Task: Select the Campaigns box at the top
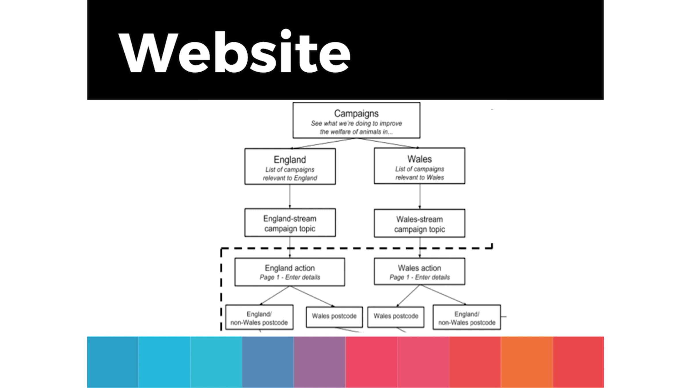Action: click(x=356, y=120)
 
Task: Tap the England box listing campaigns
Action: click(x=290, y=166)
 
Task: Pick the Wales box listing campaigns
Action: click(x=419, y=166)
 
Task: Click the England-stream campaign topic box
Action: click(x=290, y=223)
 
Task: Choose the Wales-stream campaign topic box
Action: click(x=419, y=223)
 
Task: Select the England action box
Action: click(x=290, y=272)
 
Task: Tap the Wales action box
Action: click(x=419, y=271)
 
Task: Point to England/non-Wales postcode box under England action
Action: click(x=259, y=317)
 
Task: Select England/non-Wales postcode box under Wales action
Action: click(x=466, y=317)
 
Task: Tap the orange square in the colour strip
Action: click(x=527, y=362)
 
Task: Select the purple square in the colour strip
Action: click(x=319, y=362)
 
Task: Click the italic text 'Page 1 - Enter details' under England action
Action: click(x=290, y=277)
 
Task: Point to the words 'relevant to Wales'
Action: click(x=419, y=178)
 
